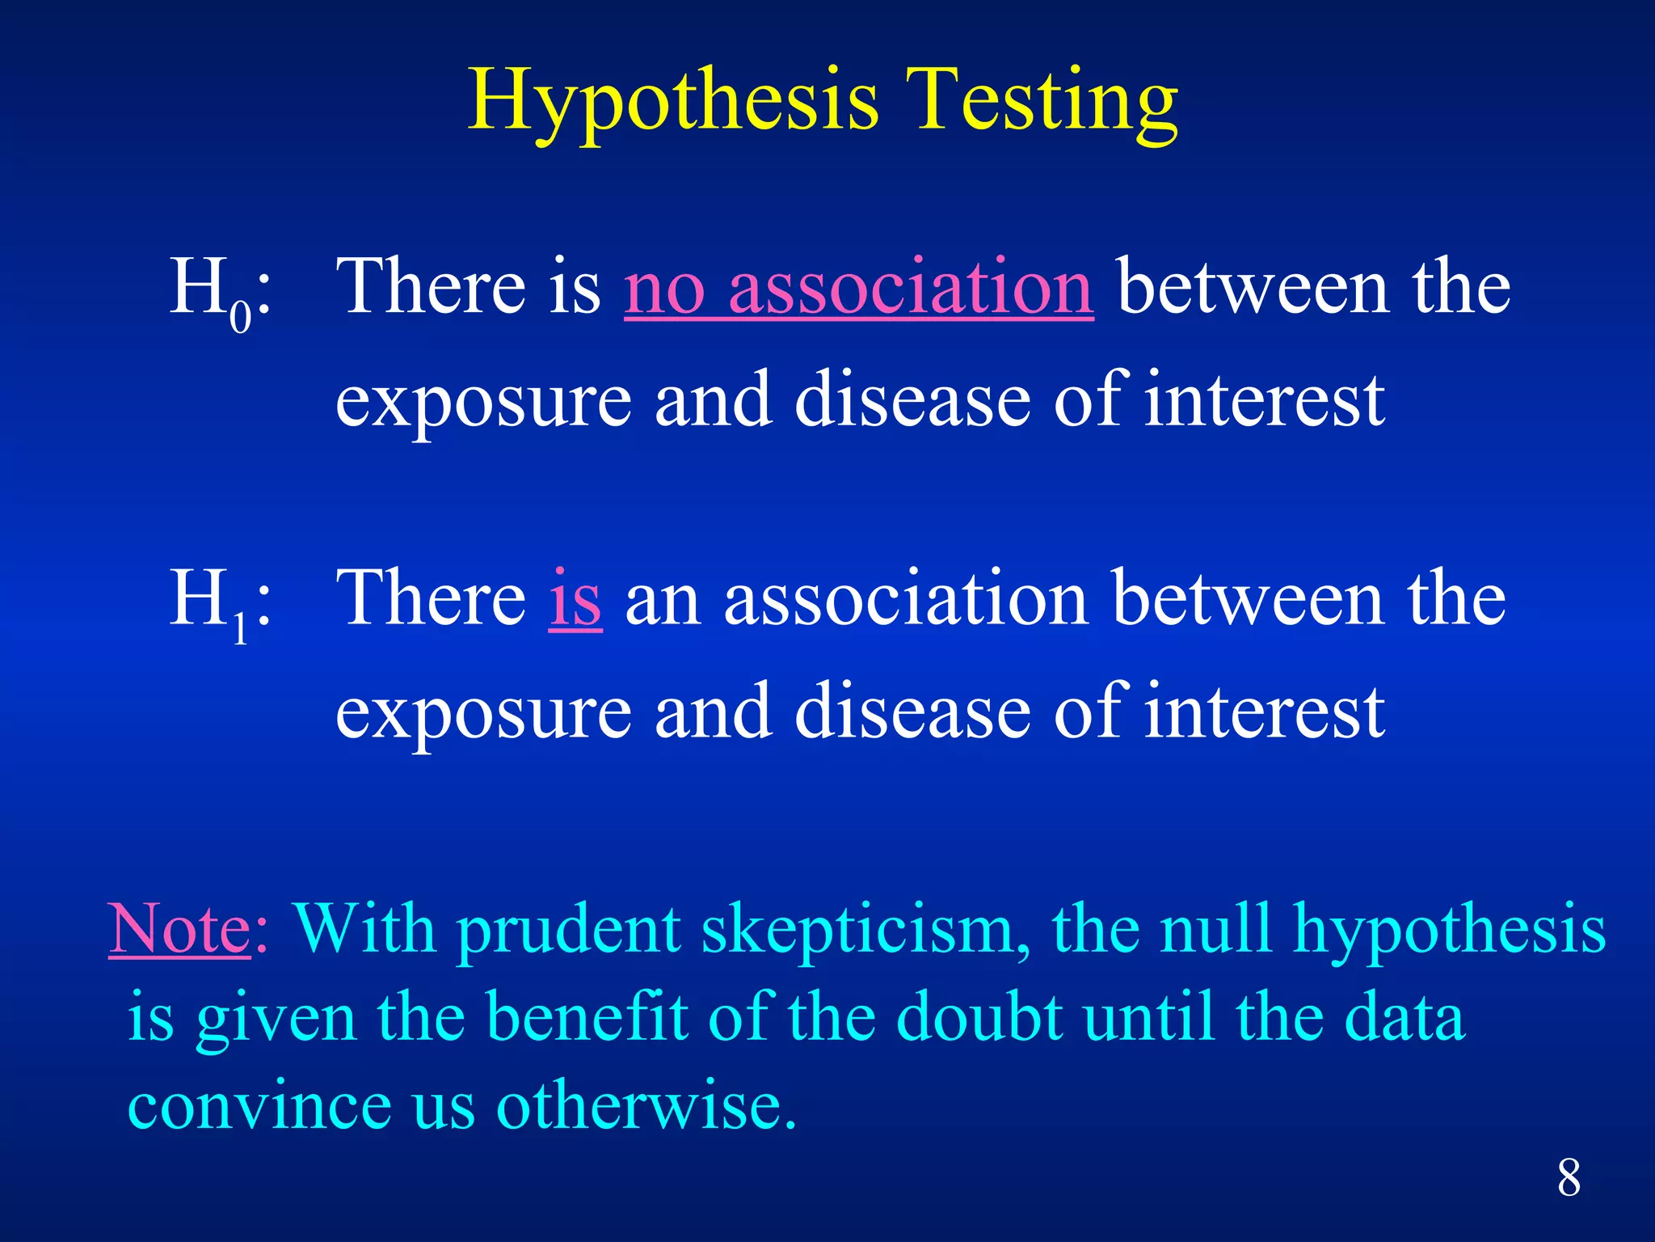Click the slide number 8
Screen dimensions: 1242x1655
coord(1569,1178)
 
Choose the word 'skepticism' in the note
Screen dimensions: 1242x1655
coord(865,930)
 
